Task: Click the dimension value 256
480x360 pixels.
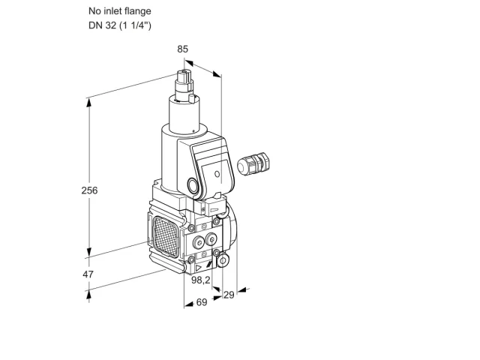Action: (x=89, y=190)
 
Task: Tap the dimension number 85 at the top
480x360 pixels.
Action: (x=182, y=49)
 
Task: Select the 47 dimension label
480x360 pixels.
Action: (x=88, y=274)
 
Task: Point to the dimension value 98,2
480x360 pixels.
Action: (x=201, y=280)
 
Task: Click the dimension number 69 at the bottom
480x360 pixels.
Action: (x=202, y=302)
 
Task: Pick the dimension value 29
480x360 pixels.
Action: (x=229, y=295)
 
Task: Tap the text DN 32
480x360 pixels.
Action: (x=102, y=25)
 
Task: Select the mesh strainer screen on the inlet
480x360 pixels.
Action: (x=165, y=236)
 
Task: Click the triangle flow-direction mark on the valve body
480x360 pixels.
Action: (x=199, y=268)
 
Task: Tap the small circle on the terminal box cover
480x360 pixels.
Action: (x=217, y=174)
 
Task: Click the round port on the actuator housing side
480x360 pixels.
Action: (x=193, y=185)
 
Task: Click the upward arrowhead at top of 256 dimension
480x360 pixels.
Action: (x=89, y=103)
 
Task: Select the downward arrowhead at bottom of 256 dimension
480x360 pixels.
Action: (x=89, y=252)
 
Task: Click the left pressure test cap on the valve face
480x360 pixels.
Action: (x=198, y=242)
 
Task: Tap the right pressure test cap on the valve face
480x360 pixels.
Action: (x=211, y=239)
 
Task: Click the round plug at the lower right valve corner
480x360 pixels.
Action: (x=223, y=261)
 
